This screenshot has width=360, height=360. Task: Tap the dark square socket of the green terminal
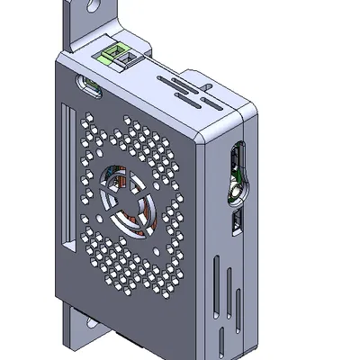click(127, 58)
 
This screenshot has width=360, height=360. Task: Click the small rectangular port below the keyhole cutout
click(237, 221)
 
